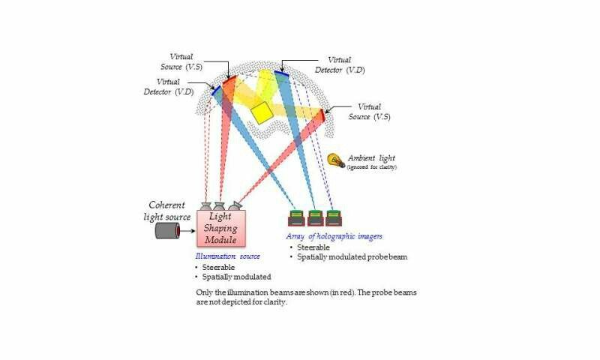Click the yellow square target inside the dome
261,112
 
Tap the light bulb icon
335,160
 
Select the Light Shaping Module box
221,228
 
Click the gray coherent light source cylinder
168,230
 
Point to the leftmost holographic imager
297,218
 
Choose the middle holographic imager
315,218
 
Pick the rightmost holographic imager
333,218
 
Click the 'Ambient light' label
377,157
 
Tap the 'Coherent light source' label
168,211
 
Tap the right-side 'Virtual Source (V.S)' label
373,112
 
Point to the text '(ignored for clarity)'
373,166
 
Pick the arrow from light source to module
189,230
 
